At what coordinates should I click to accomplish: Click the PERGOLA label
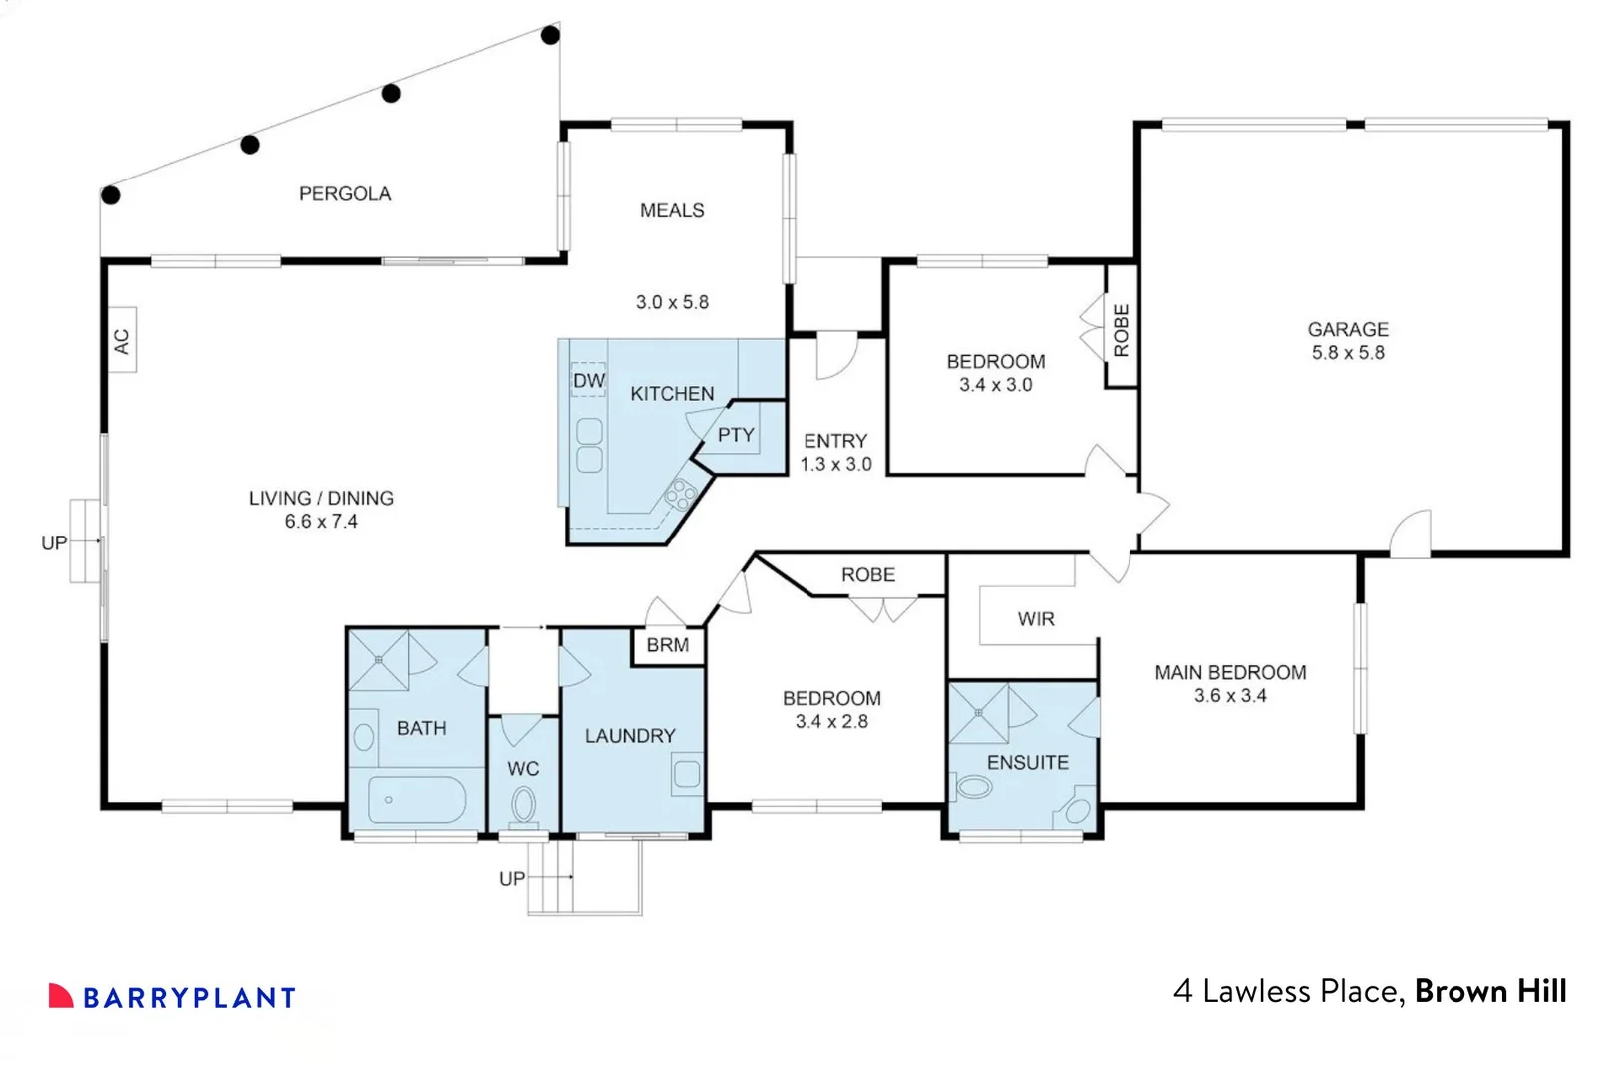tap(345, 194)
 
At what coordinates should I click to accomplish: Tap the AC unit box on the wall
tap(122, 341)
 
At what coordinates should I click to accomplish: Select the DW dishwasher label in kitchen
tap(588, 380)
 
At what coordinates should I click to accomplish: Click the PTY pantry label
tap(736, 435)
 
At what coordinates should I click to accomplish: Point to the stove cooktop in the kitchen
tap(681, 493)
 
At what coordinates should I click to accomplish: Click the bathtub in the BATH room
tap(417, 799)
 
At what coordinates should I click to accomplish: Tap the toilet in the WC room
tap(523, 804)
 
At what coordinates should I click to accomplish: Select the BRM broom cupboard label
tap(667, 645)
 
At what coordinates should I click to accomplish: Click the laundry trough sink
tap(687, 775)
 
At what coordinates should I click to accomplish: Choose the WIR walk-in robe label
tap(1036, 619)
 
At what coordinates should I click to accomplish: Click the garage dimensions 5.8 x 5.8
tap(1348, 353)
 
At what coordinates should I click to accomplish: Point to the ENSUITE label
tap(1027, 763)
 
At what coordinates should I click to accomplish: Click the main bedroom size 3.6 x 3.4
tap(1230, 696)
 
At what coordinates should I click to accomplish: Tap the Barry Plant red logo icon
tap(61, 995)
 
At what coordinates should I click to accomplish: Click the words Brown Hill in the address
tap(1490, 991)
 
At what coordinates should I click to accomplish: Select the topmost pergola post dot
tap(550, 36)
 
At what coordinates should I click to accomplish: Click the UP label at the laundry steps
tap(512, 879)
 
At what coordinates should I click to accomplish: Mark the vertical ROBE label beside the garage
tap(1122, 330)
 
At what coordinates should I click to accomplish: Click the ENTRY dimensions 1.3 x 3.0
tap(835, 465)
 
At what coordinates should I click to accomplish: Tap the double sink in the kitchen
tap(589, 445)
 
